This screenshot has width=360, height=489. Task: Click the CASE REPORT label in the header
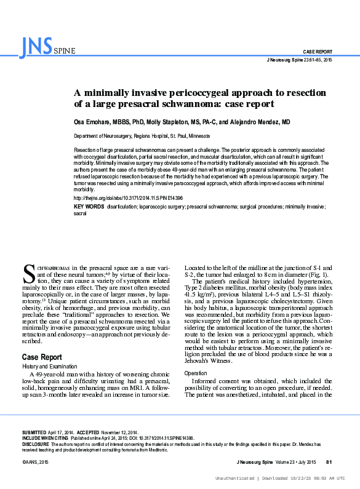click(x=318, y=51)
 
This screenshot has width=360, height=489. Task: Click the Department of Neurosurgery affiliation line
click(x=142, y=136)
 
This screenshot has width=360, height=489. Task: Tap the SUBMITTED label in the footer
click(x=34, y=433)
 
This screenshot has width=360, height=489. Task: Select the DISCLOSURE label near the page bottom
click(x=36, y=443)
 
